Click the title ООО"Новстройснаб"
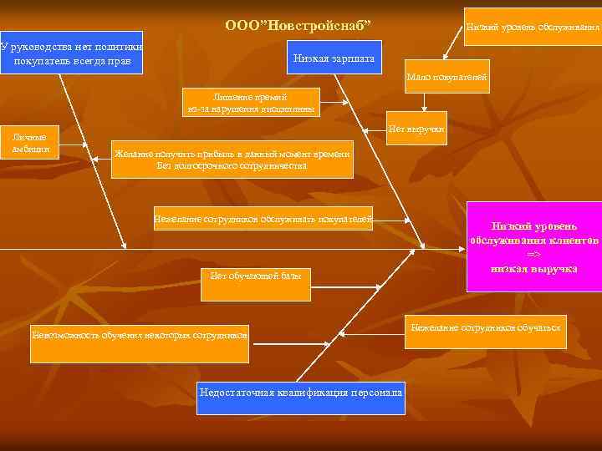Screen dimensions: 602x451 click(x=298, y=27)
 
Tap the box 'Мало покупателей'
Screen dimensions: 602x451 click(x=446, y=78)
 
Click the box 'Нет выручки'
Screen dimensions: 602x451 click(x=416, y=129)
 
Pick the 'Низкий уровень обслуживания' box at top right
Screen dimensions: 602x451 click(x=533, y=28)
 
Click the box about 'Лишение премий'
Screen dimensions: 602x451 click(x=250, y=102)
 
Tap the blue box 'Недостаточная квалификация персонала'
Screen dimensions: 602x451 click(x=301, y=393)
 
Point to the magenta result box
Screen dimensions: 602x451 click(x=533, y=247)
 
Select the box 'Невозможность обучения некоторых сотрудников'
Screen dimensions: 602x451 click(x=140, y=336)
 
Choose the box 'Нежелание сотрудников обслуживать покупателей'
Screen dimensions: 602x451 click(x=263, y=220)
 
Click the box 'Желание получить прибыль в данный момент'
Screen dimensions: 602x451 click(x=232, y=160)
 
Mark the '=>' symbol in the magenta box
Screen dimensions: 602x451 click(x=533, y=255)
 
